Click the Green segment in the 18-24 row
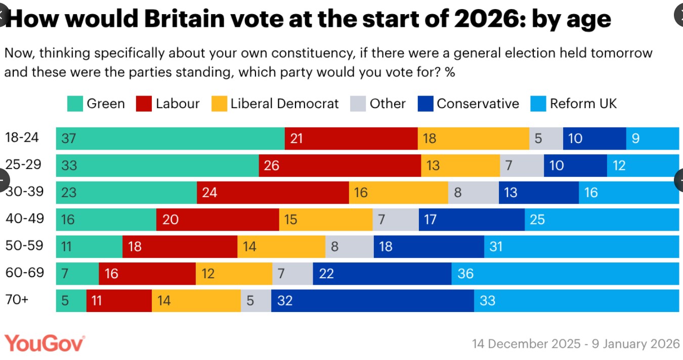(170, 139)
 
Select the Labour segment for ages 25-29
(339, 166)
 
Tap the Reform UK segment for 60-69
(565, 274)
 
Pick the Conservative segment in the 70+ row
(372, 301)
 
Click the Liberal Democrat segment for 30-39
(398, 193)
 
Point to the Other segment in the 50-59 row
(349, 247)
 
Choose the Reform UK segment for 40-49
(602, 219)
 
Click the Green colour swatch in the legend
(75, 104)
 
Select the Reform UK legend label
(583, 104)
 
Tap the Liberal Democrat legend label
(284, 104)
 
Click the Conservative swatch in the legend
(425, 104)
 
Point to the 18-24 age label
(22, 138)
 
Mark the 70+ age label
(17, 300)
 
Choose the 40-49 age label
(25, 219)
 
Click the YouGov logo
(45, 343)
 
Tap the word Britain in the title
(184, 19)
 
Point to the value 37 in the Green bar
(68, 139)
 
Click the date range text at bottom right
(576, 344)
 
